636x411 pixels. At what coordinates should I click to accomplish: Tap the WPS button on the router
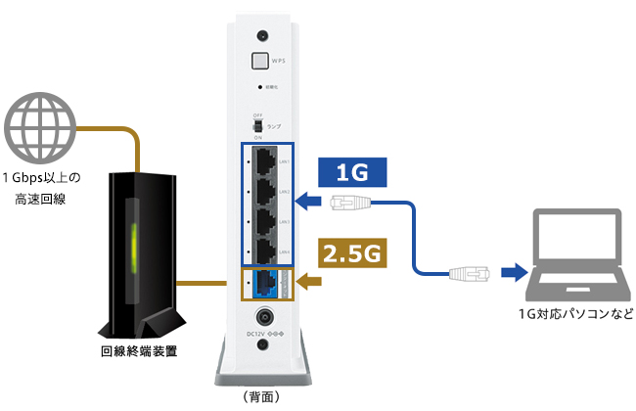(261, 61)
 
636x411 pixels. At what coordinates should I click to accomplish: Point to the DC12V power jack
(262, 319)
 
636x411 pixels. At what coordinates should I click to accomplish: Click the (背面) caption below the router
(261, 397)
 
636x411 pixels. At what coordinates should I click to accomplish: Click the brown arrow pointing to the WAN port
(311, 283)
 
